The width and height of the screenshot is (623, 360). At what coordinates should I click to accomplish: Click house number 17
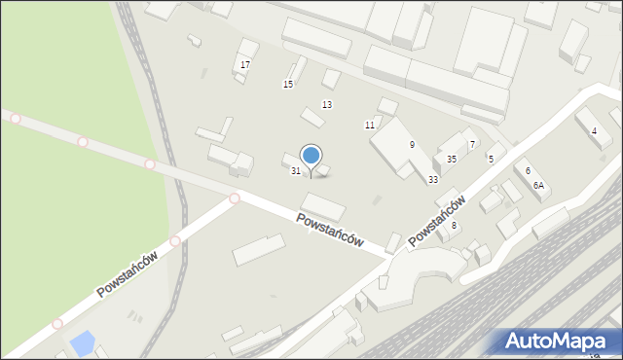[x=245, y=64]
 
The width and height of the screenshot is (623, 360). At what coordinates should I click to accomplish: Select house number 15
[x=288, y=85]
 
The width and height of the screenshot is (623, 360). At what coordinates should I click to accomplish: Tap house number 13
[x=327, y=104]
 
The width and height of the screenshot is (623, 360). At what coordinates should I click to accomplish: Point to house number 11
[x=370, y=125]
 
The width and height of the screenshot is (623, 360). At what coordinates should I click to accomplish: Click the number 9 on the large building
[x=412, y=144]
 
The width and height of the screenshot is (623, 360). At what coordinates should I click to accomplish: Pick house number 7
[x=472, y=144]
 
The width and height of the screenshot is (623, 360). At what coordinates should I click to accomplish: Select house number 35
[x=452, y=159]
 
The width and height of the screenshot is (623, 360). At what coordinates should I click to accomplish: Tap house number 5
[x=491, y=159]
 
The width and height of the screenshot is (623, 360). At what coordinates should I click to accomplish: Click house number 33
[x=433, y=179]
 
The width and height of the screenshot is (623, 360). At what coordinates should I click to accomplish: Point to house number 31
[x=296, y=171]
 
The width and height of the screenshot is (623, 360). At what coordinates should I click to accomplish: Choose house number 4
[x=594, y=130]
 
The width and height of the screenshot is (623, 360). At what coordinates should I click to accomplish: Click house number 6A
[x=538, y=186]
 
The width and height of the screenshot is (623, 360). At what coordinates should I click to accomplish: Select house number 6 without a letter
[x=528, y=171]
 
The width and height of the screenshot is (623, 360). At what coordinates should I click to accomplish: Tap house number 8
[x=453, y=225]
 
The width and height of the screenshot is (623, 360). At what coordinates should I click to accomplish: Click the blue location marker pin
[x=311, y=156]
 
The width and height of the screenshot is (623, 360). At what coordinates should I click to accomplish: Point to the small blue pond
[x=84, y=342]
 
